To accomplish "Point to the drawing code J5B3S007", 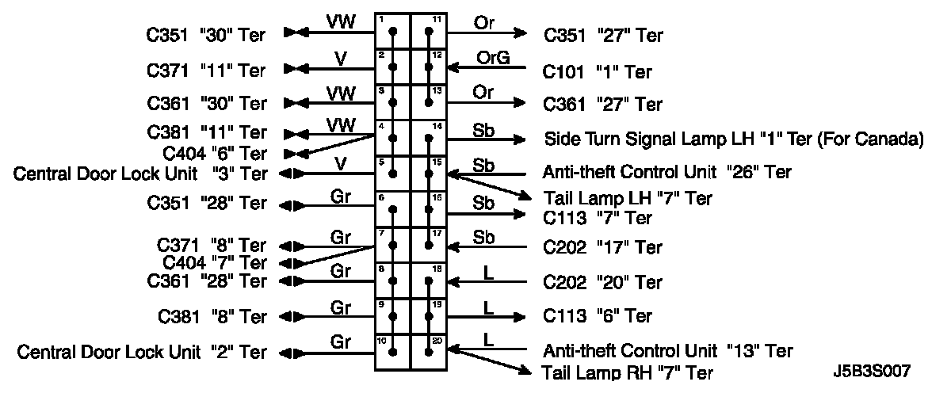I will click(x=871, y=371).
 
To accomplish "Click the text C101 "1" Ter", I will click(x=597, y=72).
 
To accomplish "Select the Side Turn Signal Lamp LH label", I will click(x=734, y=139).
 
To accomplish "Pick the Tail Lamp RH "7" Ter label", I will click(x=627, y=372).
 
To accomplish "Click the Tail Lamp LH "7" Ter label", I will click(x=627, y=198).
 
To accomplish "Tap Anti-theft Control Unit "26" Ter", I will click(x=668, y=171).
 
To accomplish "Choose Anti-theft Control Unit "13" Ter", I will click(x=668, y=349).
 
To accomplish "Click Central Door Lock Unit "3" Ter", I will click(x=140, y=174).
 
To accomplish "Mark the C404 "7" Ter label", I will click(x=214, y=262).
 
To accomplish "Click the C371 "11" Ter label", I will click(x=207, y=70).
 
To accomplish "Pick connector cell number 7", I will click(x=392, y=245).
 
